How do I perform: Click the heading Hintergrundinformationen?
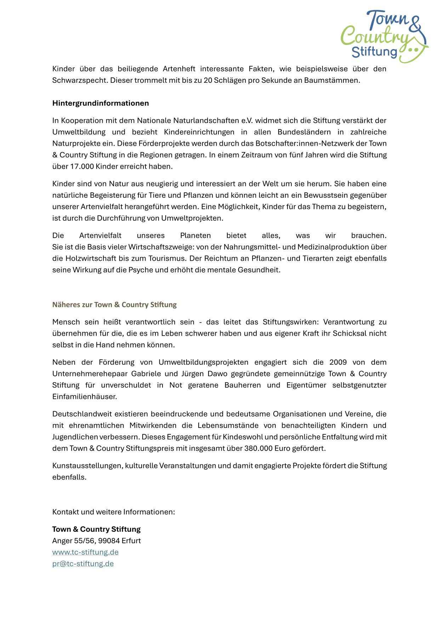pyautogui.click(x=101, y=103)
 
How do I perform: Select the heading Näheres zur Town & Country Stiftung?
pyautogui.click(x=114, y=305)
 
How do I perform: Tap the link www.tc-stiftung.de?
pyautogui.click(x=85, y=552)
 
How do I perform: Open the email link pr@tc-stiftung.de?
pyautogui.click(x=83, y=563)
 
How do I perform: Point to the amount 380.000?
pyautogui.click(x=258, y=448)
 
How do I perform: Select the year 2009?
pyautogui.click(x=338, y=362)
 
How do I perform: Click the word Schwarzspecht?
pyautogui.click(x=80, y=80)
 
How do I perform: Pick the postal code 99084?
pyautogui.click(x=109, y=541)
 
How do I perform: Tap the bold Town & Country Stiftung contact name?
pyautogui.click(x=96, y=529)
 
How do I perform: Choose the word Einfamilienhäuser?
pyautogui.click(x=84, y=397)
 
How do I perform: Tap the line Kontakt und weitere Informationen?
pyautogui.click(x=114, y=512)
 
